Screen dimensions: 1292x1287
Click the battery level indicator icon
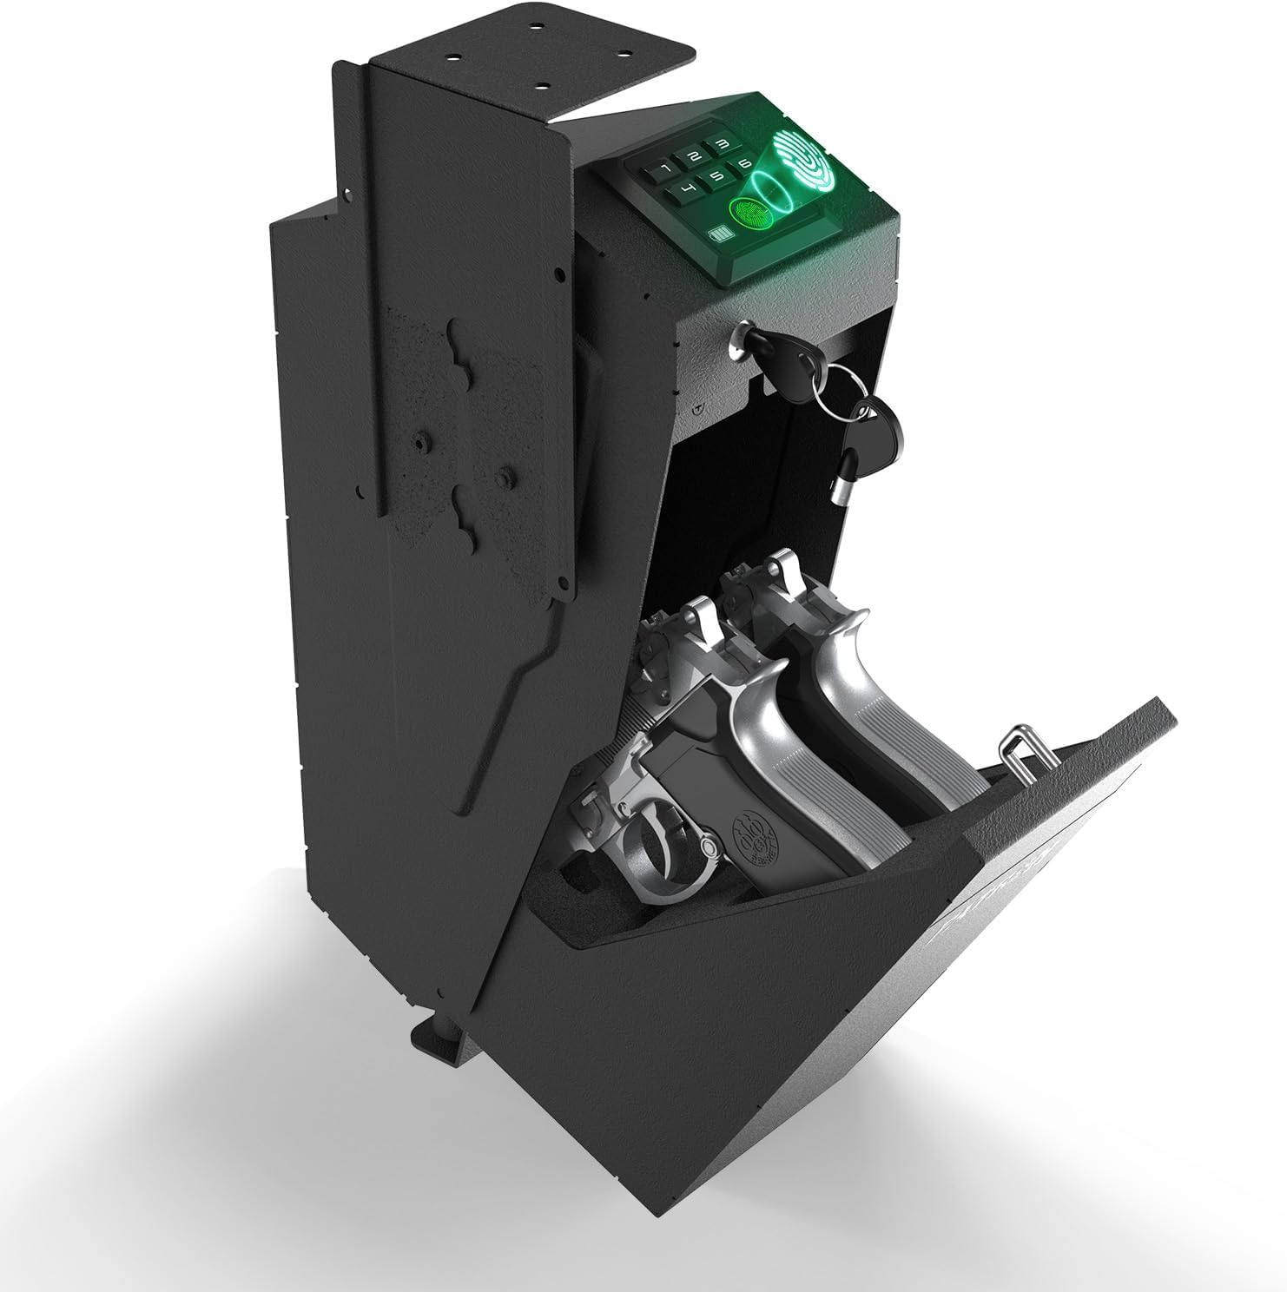(x=720, y=235)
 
